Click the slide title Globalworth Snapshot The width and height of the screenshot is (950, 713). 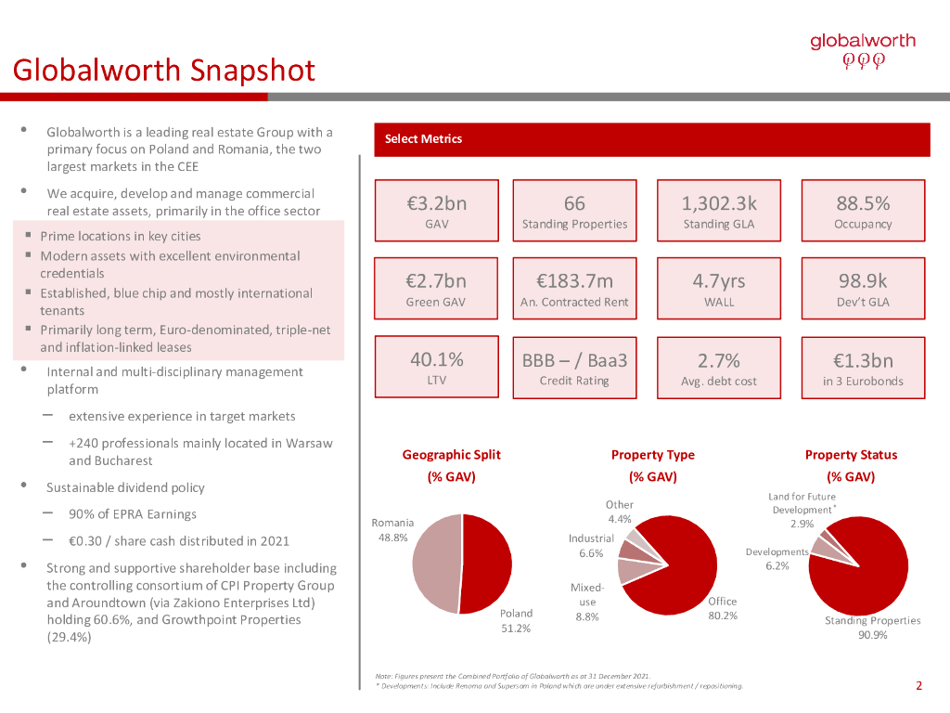tap(163, 70)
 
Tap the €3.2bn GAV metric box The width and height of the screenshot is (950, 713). tap(436, 211)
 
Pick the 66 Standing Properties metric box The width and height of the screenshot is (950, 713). tap(574, 211)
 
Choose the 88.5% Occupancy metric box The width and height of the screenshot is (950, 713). tap(863, 211)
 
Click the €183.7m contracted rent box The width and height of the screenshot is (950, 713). tap(574, 289)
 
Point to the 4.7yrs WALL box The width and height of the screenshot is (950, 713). tap(719, 289)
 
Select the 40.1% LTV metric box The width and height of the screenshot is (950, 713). tap(436, 368)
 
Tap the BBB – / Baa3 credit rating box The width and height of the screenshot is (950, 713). tap(574, 368)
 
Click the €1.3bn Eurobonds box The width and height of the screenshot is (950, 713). tap(863, 368)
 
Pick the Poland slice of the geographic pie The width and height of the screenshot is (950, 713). tap(488, 563)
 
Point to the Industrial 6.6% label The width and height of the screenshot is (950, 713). tap(591, 546)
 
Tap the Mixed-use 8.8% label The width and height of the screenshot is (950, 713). tap(587, 602)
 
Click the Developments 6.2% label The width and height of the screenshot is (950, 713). tap(777, 559)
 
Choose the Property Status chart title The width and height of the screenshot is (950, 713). tap(851, 455)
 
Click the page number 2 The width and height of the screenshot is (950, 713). tap(918, 687)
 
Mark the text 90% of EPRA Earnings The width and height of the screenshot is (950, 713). tap(133, 514)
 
